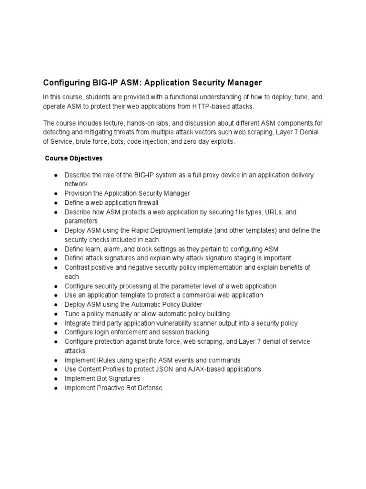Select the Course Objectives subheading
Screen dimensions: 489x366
tap(73, 158)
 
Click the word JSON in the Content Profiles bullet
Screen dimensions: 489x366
tap(168, 369)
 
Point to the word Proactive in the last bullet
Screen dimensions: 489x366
tap(111, 388)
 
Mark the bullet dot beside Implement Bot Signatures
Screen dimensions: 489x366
tap(56, 379)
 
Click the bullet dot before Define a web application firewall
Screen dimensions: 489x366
tap(56, 203)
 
